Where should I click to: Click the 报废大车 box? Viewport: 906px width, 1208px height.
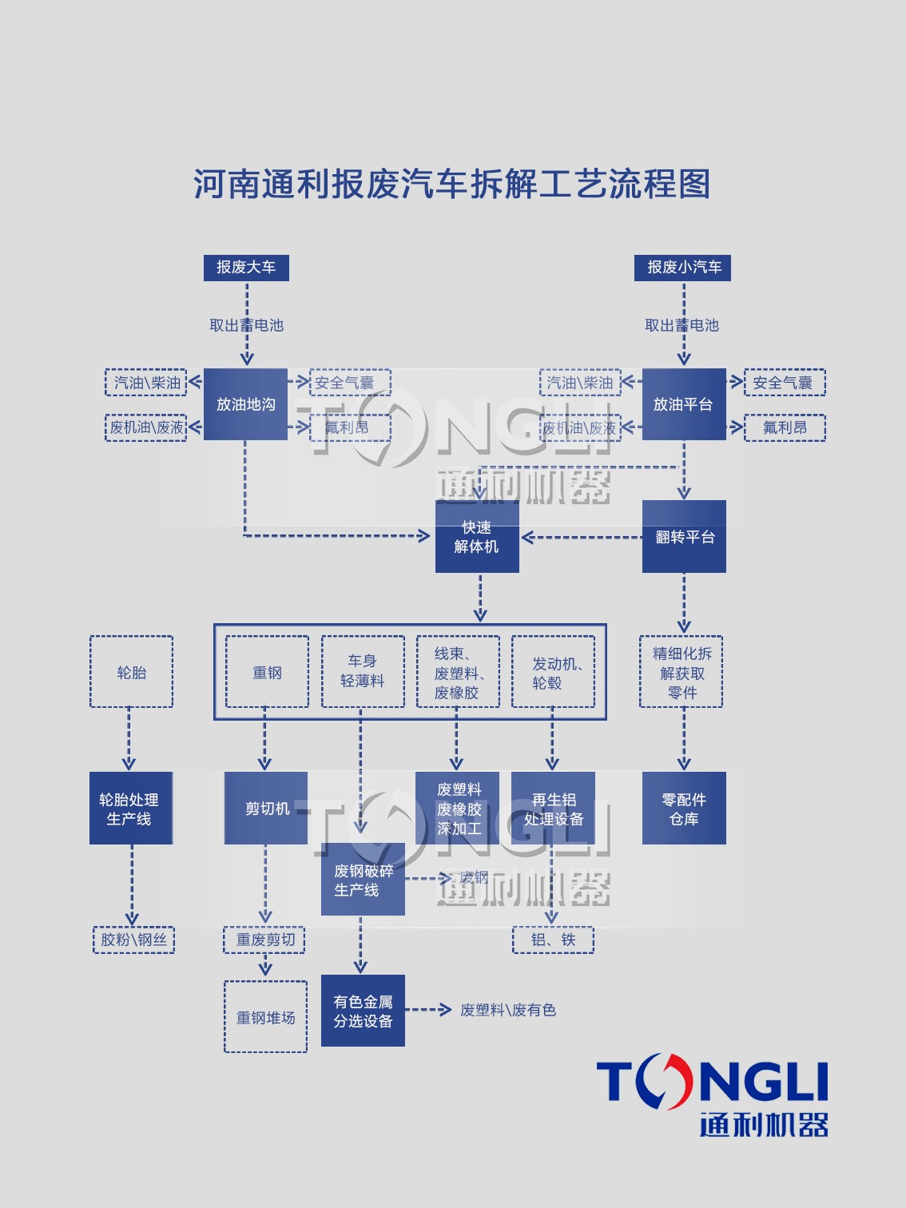246,268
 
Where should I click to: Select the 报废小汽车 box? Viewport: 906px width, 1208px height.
682,268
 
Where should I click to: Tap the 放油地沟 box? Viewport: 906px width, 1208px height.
245,404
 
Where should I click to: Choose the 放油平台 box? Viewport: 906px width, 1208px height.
683,404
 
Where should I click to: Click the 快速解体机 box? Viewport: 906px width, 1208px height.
477,537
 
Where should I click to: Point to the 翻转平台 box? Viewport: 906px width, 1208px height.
684,537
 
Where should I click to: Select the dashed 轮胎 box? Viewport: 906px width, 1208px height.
131,672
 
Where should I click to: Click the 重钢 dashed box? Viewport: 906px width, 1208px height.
267,672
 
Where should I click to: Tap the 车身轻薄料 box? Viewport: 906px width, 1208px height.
362,672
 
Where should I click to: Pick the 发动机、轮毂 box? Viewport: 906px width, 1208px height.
553,672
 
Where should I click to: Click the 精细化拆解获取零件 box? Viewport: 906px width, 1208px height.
681,672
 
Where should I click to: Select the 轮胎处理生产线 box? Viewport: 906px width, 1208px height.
130,809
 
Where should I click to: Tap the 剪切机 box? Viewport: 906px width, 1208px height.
266,809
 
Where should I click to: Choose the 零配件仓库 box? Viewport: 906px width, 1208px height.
684,809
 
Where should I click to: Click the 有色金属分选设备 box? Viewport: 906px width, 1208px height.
363,1011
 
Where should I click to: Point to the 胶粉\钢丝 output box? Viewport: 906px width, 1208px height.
133,940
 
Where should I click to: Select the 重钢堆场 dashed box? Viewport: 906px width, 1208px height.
266,1017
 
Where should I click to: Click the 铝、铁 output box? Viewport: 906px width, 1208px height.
553,940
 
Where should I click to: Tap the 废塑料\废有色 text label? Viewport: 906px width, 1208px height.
508,1010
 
